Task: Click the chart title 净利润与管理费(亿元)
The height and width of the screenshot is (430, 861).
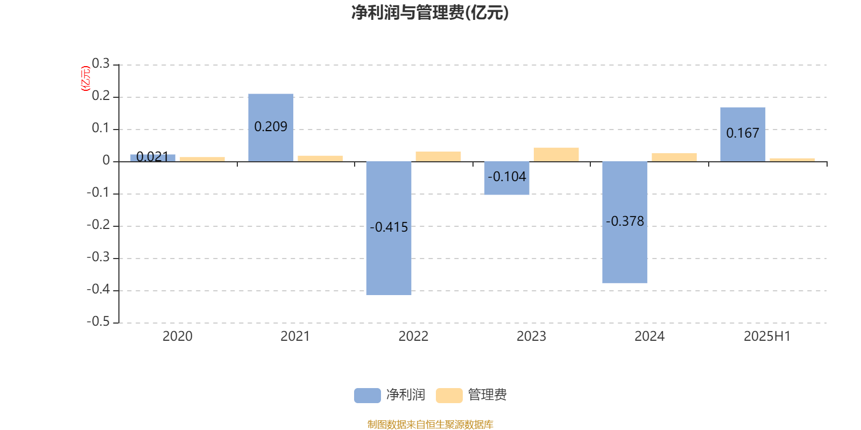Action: coord(430,13)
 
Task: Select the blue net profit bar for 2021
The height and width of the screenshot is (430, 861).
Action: coord(271,128)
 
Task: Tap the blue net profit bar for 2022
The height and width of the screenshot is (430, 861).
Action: coord(389,228)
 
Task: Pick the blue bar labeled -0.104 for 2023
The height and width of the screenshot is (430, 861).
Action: coord(506,178)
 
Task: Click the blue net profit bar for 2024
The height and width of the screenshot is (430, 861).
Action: coord(625,223)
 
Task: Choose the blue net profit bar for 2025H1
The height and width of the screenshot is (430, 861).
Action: coord(743,134)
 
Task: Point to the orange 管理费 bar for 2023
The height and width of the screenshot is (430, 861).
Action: coord(556,155)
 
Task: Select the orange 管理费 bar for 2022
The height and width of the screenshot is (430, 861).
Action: coord(438,156)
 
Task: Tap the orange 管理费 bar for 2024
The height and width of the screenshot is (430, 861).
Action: coord(674,157)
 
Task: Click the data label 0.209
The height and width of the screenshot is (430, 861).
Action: coord(271,127)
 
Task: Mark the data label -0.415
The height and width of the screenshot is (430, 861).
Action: coord(389,227)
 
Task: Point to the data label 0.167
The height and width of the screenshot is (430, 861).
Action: coord(743,133)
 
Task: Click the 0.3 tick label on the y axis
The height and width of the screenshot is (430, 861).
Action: coord(101,63)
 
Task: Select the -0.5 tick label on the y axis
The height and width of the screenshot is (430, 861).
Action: coord(98,321)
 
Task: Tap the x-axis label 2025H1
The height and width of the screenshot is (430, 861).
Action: coord(767,336)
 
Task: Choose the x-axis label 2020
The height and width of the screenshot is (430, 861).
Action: coord(177,336)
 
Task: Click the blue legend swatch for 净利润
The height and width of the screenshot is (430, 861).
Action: coord(368,396)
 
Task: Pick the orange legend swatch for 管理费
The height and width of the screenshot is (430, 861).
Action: coord(449,396)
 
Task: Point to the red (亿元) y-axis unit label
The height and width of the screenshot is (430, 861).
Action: coord(86,78)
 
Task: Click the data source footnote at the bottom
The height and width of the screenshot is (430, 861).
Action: coord(430,424)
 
